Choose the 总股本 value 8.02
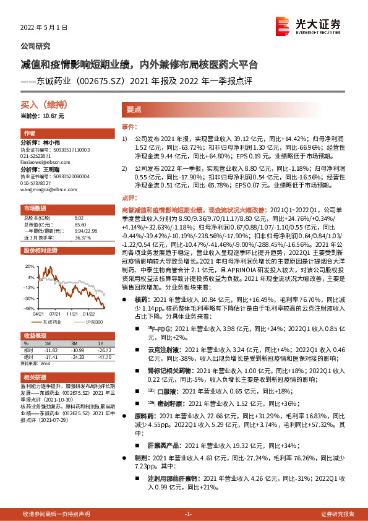click(x=79, y=218)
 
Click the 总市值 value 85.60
click(x=80, y=224)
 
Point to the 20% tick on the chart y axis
click(x=30, y=267)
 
